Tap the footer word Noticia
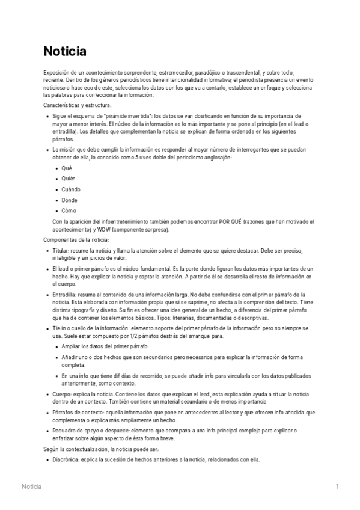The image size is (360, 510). (x=31, y=486)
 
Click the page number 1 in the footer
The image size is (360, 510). (x=337, y=486)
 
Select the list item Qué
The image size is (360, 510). (x=66, y=168)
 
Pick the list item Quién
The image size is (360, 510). (x=69, y=179)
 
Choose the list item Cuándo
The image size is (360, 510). (x=72, y=189)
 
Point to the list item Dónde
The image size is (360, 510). (x=70, y=200)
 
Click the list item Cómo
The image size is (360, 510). (x=69, y=211)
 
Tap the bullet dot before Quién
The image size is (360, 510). (x=56, y=179)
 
